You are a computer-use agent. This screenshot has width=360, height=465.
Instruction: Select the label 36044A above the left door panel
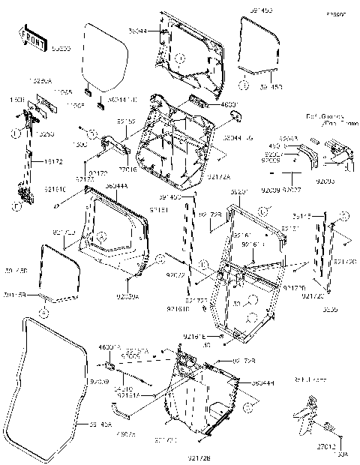pyautogui.click(x=116, y=186)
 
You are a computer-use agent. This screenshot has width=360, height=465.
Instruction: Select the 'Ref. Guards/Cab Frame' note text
pyautogui.click(x=324, y=119)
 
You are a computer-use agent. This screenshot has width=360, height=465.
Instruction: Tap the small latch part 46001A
pyautogui.click(x=109, y=367)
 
